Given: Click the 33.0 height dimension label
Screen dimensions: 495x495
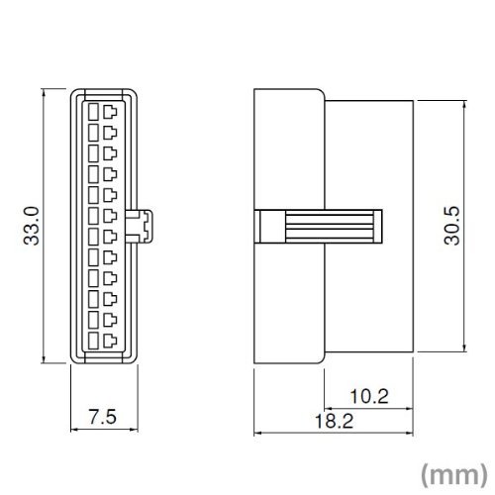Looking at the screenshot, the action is click(32, 226).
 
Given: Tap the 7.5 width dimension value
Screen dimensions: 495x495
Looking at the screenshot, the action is click(103, 417).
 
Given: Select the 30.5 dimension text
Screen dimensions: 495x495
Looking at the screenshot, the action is click(451, 226).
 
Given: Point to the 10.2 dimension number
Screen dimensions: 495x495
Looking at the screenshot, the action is click(369, 396).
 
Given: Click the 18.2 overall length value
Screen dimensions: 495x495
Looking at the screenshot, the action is click(334, 421).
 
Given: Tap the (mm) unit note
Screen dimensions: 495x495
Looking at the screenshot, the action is click(454, 474).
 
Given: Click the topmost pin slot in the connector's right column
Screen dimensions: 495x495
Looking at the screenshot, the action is click(110, 112).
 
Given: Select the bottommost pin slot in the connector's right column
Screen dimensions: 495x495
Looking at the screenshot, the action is click(110, 341).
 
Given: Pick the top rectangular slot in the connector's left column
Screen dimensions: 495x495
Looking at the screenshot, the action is click(93, 112).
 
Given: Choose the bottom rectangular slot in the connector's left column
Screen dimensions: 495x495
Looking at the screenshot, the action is click(93, 341).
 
